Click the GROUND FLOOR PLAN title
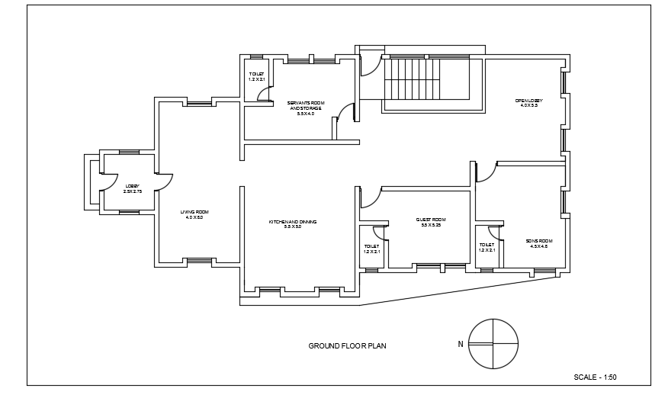click(x=347, y=345)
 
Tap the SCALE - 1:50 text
click(x=595, y=377)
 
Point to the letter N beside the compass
click(x=460, y=344)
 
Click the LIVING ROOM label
click(x=194, y=214)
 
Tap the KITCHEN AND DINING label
click(x=292, y=224)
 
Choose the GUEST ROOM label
click(x=431, y=222)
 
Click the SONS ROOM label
click(x=538, y=243)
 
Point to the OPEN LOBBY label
click(x=529, y=103)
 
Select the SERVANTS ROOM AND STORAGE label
click(x=305, y=108)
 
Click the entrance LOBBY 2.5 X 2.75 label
click(x=132, y=188)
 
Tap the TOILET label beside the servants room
click(x=256, y=76)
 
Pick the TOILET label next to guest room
click(x=371, y=249)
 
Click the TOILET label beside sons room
click(x=487, y=247)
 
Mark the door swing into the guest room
click(x=370, y=197)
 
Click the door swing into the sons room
click(x=487, y=172)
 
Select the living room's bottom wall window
click(x=199, y=262)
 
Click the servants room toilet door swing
click(x=265, y=94)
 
